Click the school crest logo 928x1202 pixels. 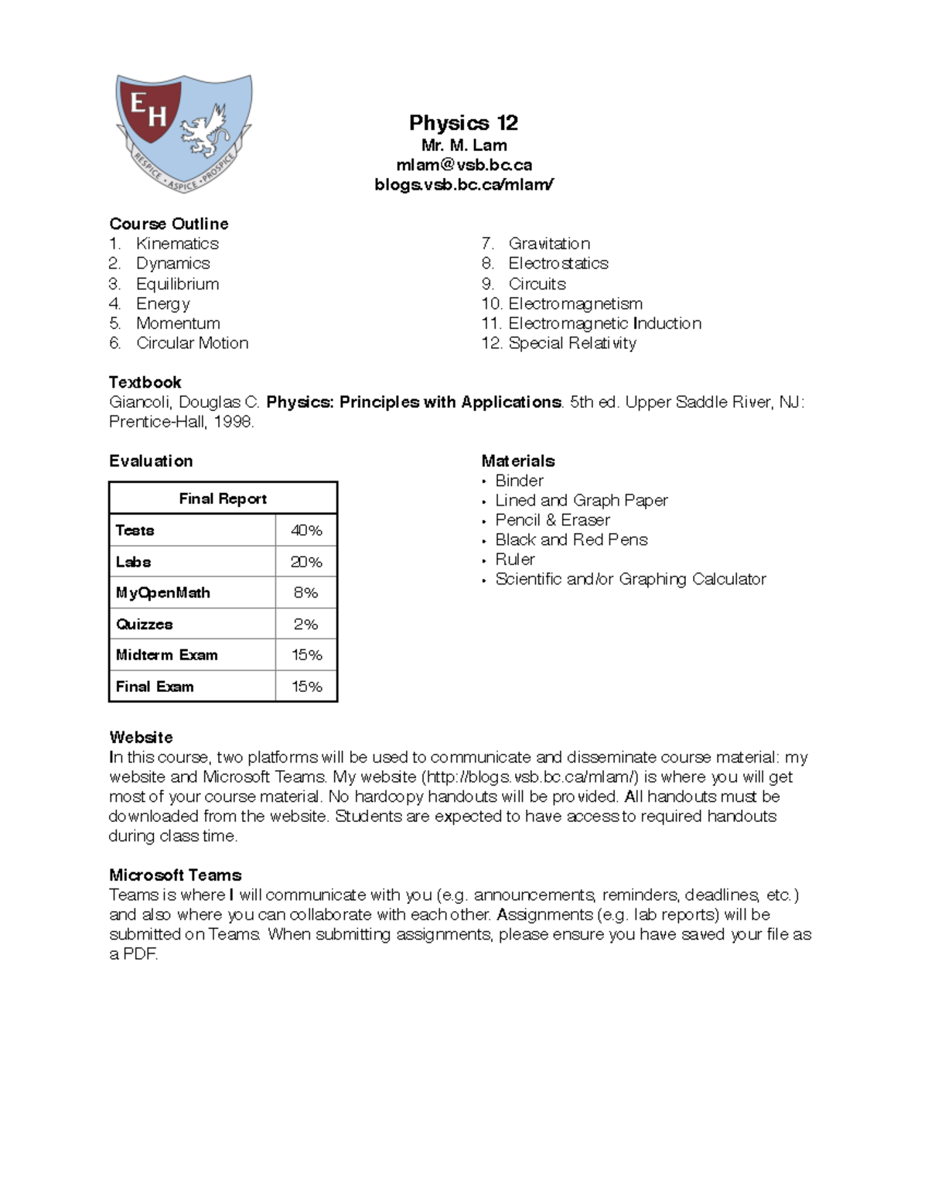tap(183, 132)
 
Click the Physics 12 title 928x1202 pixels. tap(463, 123)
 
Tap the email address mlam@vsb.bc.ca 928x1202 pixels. tap(463, 165)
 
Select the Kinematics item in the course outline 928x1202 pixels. tap(177, 244)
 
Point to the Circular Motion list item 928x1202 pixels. tap(192, 343)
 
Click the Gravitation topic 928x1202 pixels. tap(548, 244)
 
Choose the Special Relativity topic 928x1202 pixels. tap(571, 343)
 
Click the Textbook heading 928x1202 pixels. tap(145, 382)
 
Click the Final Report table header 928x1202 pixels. tap(223, 498)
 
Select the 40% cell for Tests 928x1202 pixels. tap(306, 530)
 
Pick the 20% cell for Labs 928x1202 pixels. tap(306, 562)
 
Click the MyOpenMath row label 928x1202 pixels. tap(162, 593)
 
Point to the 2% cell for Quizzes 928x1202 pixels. tap(306, 624)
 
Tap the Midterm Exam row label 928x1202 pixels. tap(166, 655)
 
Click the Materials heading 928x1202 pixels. tap(517, 461)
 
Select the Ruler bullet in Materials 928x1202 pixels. tap(515, 560)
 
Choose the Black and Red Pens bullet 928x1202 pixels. tap(571, 539)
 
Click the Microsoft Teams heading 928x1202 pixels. tap(175, 875)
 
